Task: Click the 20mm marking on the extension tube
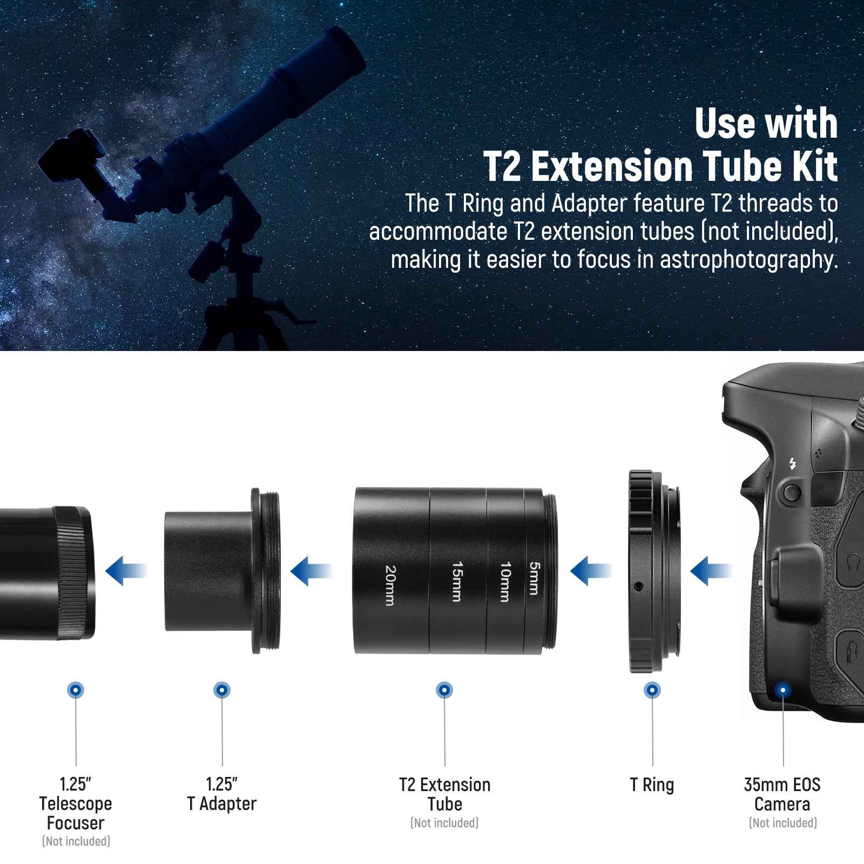pos(390,585)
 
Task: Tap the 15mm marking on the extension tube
pos(457,582)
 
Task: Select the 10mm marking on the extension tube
pos(505,582)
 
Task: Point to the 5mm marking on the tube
pos(534,578)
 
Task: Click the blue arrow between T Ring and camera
pos(710,571)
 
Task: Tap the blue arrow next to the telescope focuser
pos(125,571)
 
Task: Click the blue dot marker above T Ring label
pos(652,690)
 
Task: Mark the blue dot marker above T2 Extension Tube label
pos(444,690)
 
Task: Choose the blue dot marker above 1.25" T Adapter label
pos(222,690)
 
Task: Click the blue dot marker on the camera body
pos(782,690)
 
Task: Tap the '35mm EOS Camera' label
pos(782,794)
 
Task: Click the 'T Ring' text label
pos(652,785)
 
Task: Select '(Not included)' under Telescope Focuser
pos(76,841)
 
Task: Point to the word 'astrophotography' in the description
pos(749,260)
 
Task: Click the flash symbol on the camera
pos(793,464)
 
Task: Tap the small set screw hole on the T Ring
pos(639,586)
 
